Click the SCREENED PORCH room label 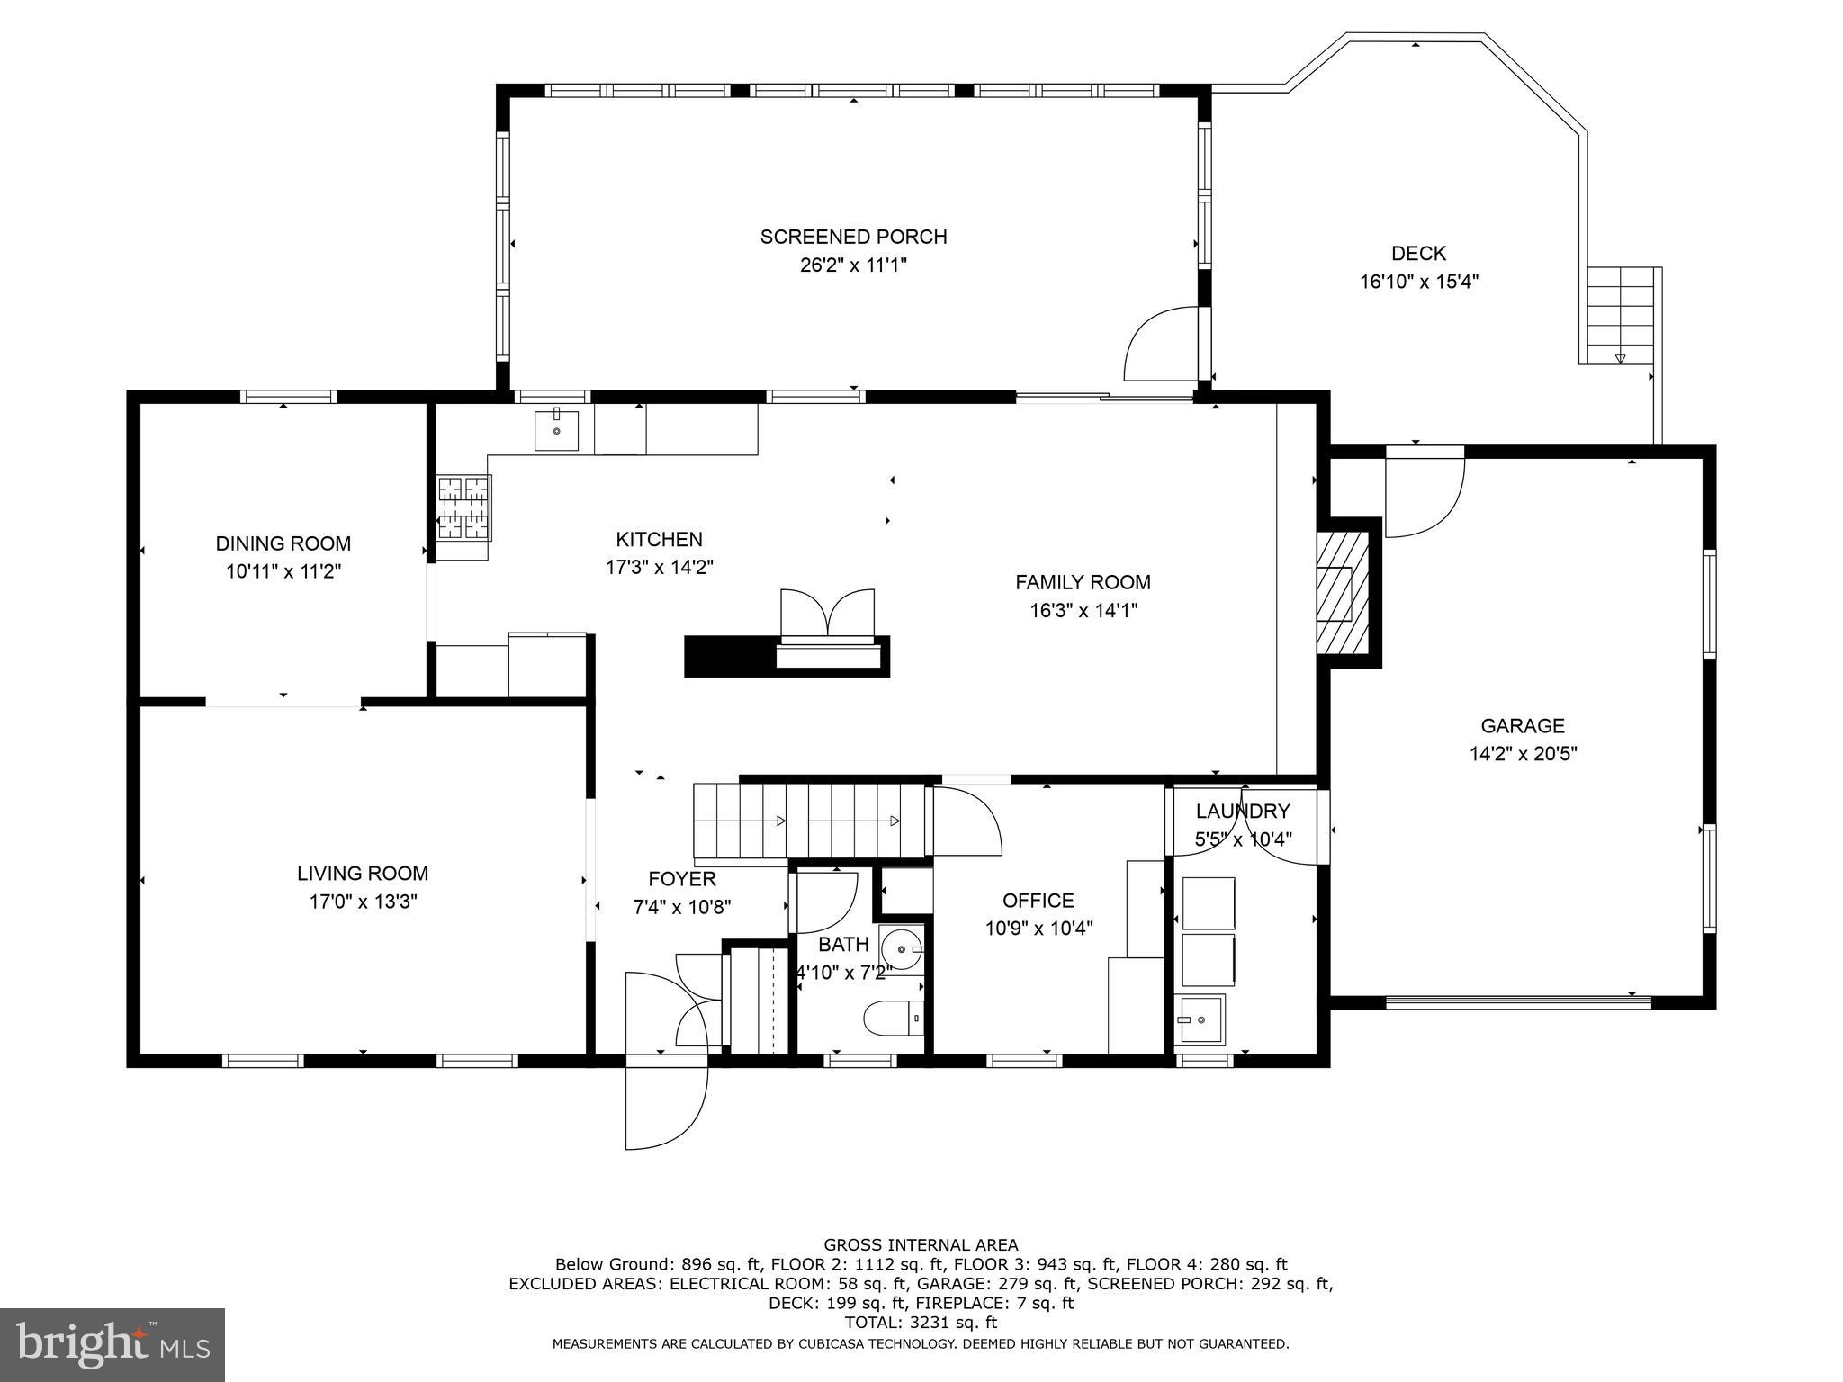pyautogui.click(x=853, y=237)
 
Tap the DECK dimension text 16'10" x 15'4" pyautogui.click(x=1418, y=282)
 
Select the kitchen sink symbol pyautogui.click(x=556, y=429)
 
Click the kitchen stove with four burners pyautogui.click(x=463, y=508)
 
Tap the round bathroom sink pyautogui.click(x=901, y=949)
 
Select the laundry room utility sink pyautogui.click(x=1199, y=1019)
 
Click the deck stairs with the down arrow pyautogui.click(x=1621, y=317)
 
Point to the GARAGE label pyautogui.click(x=1523, y=725)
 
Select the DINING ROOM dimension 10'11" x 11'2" pyautogui.click(x=283, y=571)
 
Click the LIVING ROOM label pyautogui.click(x=363, y=873)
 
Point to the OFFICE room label pyautogui.click(x=1038, y=901)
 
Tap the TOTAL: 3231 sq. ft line pyautogui.click(x=921, y=1323)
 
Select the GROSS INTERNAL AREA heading pyautogui.click(x=921, y=1245)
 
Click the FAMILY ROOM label pyautogui.click(x=1083, y=582)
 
